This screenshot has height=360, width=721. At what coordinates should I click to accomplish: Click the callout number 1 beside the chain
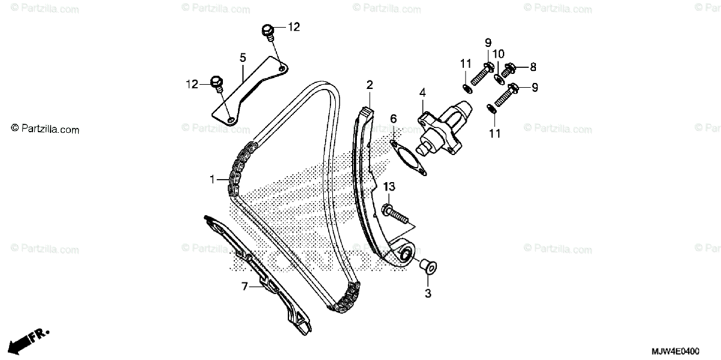[212, 179]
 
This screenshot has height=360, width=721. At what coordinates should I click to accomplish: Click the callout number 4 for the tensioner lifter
[422, 93]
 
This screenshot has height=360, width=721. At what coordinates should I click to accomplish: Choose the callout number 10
[499, 54]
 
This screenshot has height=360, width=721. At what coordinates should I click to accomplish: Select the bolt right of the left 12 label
[218, 82]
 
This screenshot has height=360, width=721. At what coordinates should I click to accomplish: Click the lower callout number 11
[494, 134]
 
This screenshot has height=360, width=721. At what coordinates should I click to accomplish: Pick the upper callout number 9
[488, 42]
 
